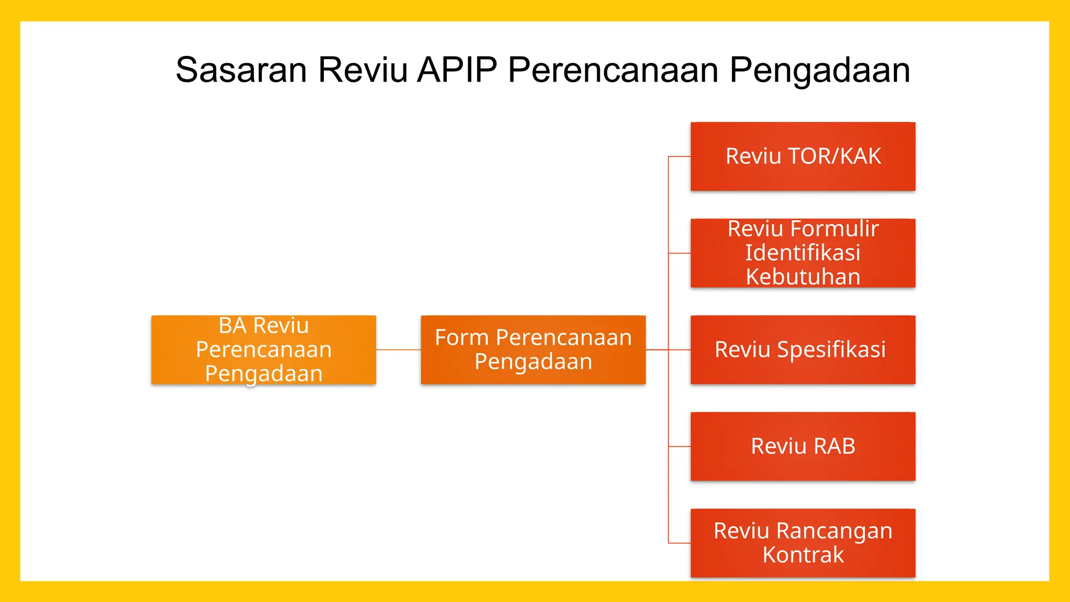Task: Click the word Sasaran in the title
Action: tap(241, 70)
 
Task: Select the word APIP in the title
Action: tap(457, 70)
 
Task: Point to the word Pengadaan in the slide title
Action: tap(820, 70)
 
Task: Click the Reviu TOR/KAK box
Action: tap(802, 156)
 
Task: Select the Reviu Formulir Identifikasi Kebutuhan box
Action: tap(802, 253)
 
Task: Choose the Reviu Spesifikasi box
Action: tap(802, 350)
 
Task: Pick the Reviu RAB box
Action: tap(802, 446)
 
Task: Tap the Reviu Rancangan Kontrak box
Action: tap(802, 543)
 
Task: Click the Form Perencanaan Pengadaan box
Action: tap(533, 350)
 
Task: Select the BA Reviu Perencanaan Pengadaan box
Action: tap(263, 350)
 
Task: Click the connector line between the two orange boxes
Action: tap(398, 350)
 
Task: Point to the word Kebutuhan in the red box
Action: tap(803, 277)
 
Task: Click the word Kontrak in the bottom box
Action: tap(803, 555)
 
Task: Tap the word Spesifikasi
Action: tap(831, 350)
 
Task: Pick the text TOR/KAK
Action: tap(834, 156)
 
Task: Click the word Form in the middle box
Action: tap(461, 338)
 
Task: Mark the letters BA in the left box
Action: tap(232, 326)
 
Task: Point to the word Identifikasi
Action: tap(802, 253)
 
